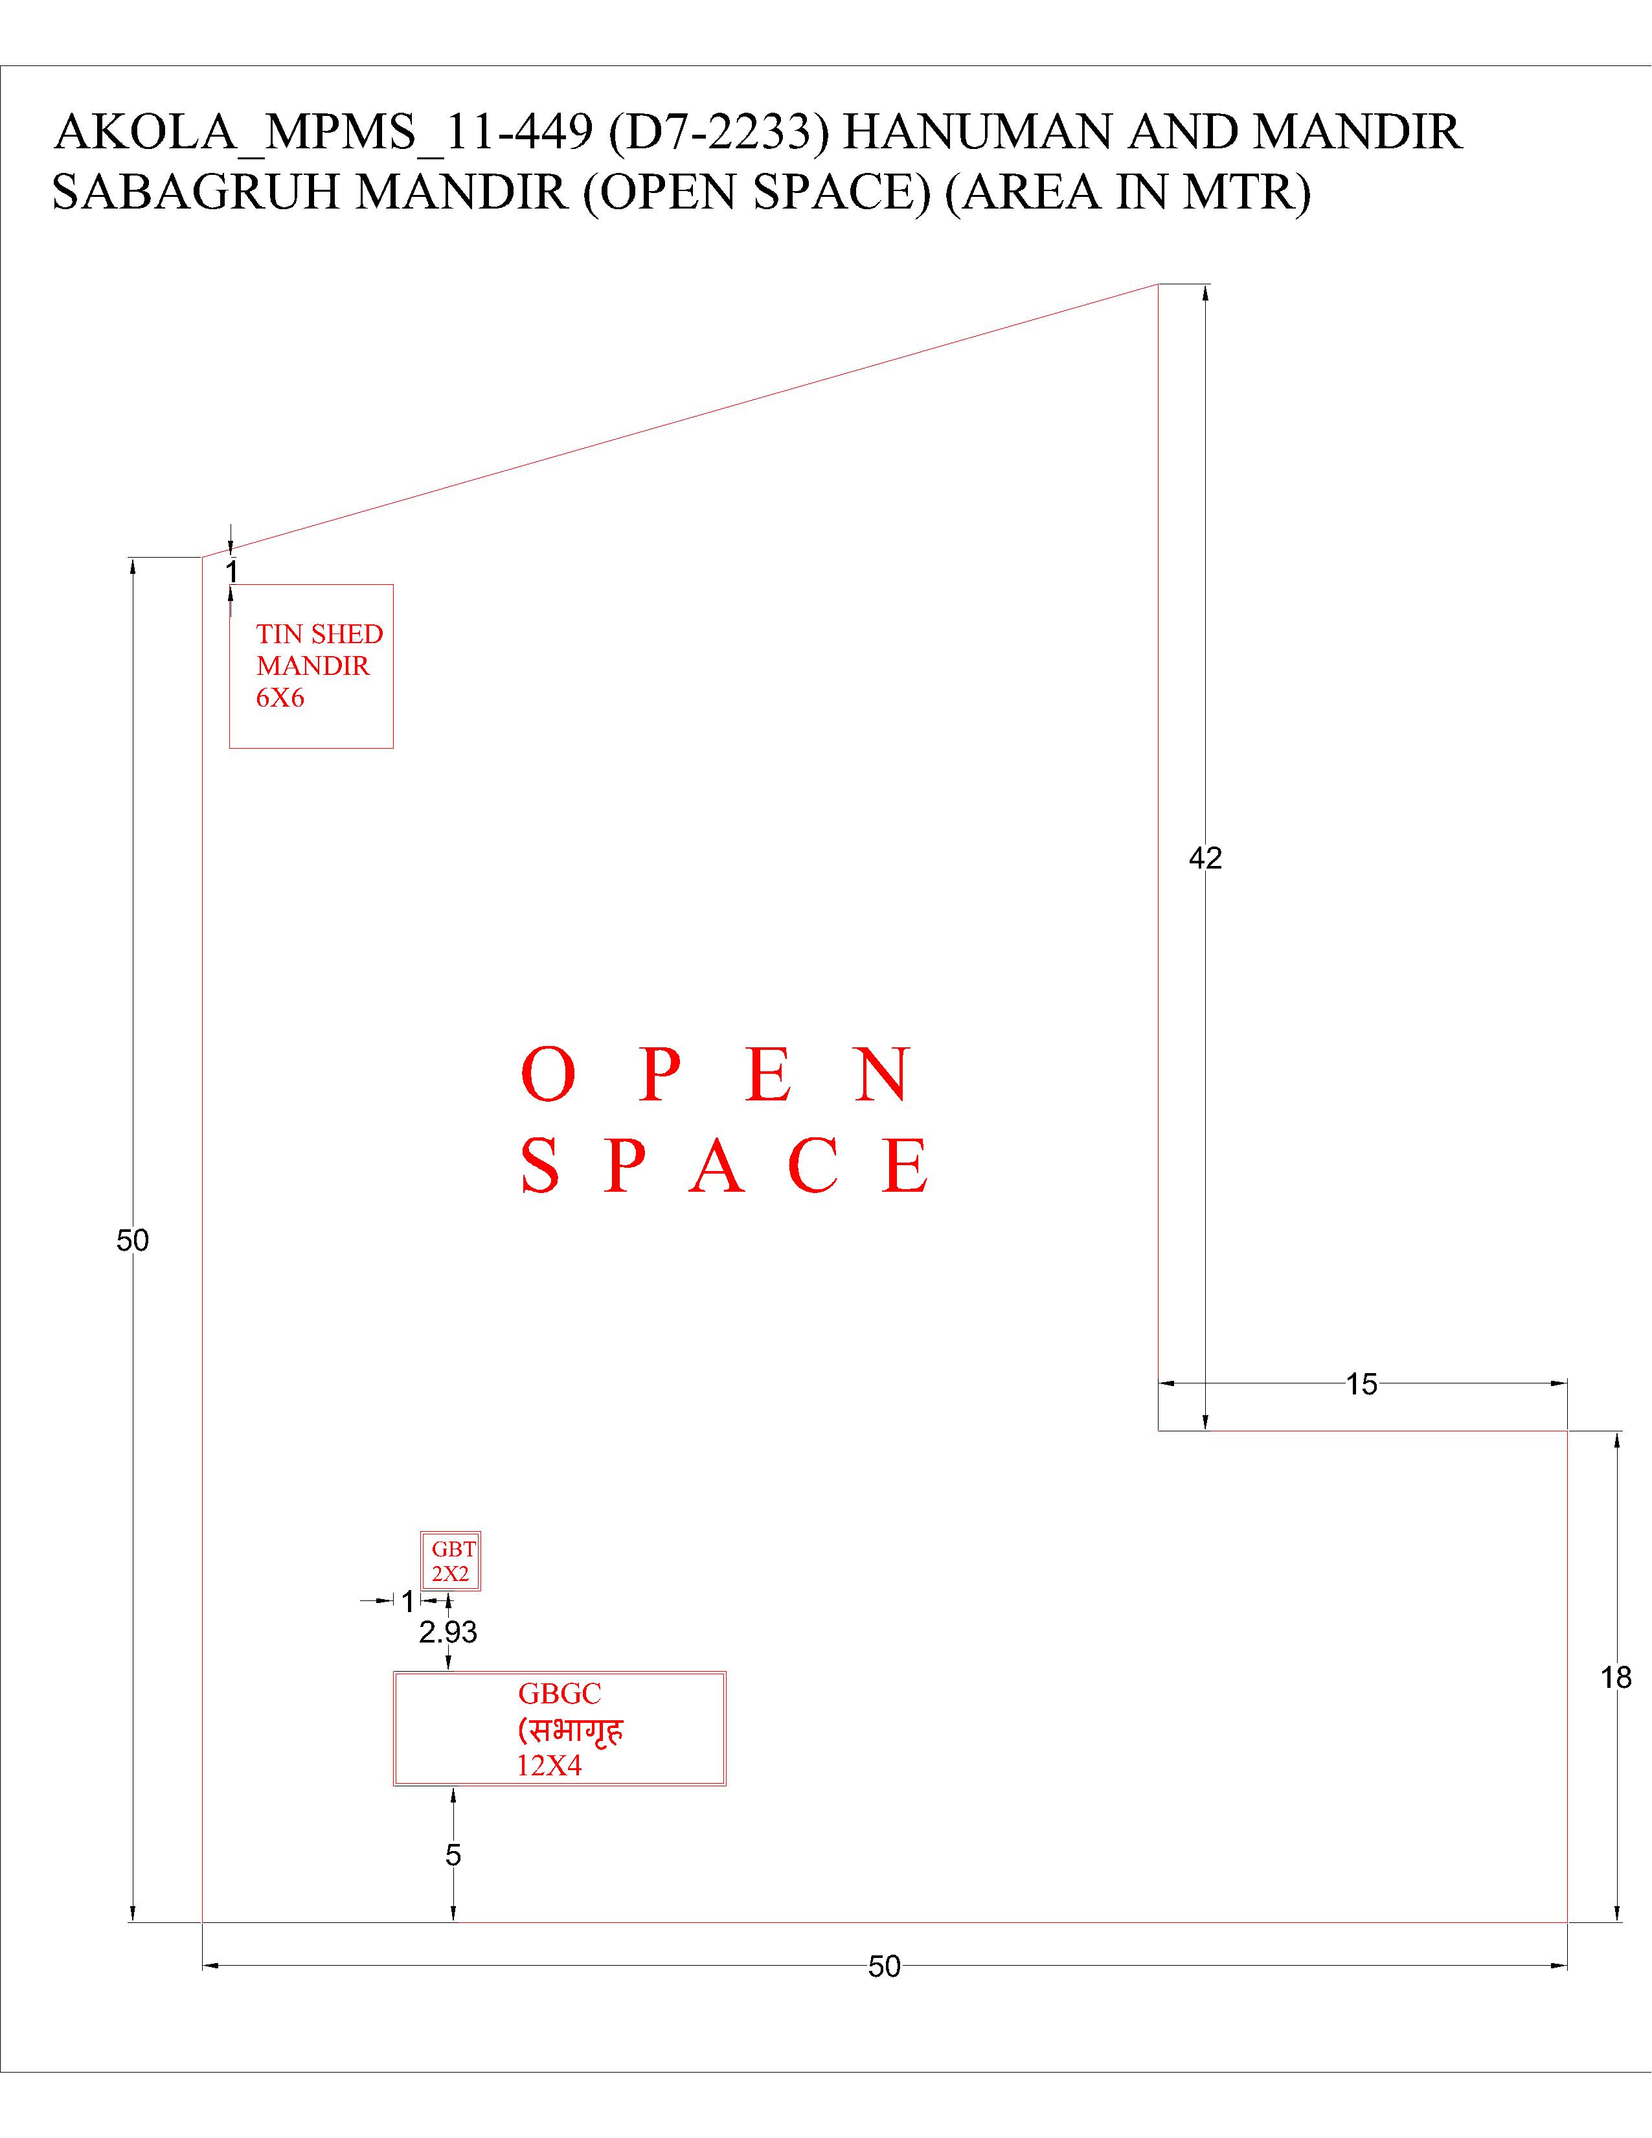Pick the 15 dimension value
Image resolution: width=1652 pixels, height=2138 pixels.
pos(1361,1384)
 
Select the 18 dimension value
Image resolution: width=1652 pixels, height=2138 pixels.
pos(1616,1678)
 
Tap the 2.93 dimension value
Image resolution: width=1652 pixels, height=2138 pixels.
pos(448,1632)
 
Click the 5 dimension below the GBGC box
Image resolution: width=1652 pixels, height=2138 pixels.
pos(453,1855)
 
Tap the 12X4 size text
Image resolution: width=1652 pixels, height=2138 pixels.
pos(549,1766)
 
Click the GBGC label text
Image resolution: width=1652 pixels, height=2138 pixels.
pos(560,1694)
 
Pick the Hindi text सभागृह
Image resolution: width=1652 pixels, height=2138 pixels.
pos(570,1730)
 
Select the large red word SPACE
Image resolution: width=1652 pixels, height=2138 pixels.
pos(725,1166)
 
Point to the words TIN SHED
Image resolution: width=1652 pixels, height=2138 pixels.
pos(319,634)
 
